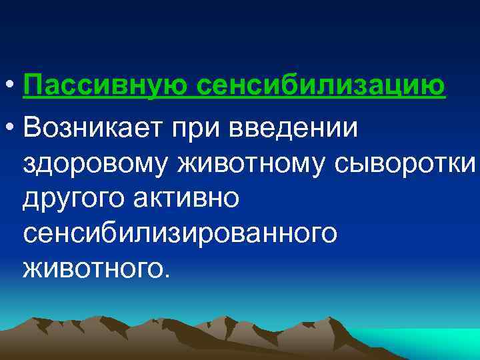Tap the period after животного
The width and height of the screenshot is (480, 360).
click(x=167, y=275)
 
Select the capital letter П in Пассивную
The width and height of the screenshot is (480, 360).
click(x=31, y=87)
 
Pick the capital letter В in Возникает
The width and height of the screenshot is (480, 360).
click(x=31, y=128)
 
